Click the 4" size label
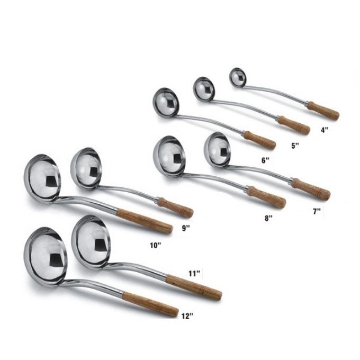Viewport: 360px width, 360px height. [325, 130]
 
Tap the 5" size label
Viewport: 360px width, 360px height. [295, 146]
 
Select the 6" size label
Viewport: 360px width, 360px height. [265, 160]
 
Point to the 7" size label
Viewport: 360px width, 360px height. [317, 211]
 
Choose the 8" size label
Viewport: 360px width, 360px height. [268, 218]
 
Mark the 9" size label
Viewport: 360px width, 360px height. [186, 228]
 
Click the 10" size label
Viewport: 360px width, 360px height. [156, 246]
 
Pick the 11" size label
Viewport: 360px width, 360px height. [194, 274]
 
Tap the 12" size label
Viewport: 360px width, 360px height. [187, 316]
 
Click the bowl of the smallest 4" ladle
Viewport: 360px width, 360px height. [238, 77]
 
